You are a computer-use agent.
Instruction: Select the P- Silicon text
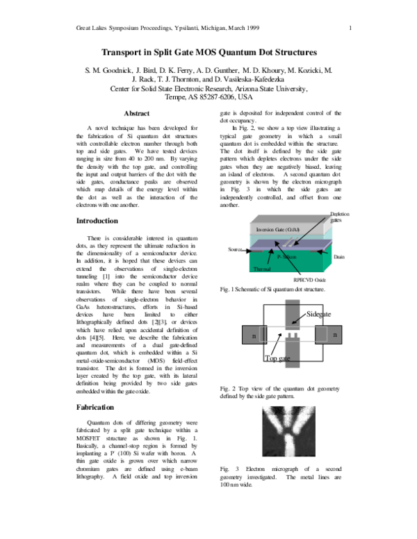(x=286, y=257)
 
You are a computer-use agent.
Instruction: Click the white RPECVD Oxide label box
(x=311, y=279)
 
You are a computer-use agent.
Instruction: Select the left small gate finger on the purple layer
(x=286, y=243)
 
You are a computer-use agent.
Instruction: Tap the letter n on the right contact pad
(x=335, y=335)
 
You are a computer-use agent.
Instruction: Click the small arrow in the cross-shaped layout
(x=295, y=321)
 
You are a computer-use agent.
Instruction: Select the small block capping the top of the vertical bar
(x=292, y=302)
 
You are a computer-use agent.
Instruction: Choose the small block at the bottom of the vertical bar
(x=292, y=365)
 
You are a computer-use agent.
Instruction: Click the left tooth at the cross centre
(x=288, y=334)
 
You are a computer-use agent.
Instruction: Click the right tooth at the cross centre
(x=295, y=334)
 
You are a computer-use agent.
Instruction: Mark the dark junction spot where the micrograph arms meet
(x=289, y=426)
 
